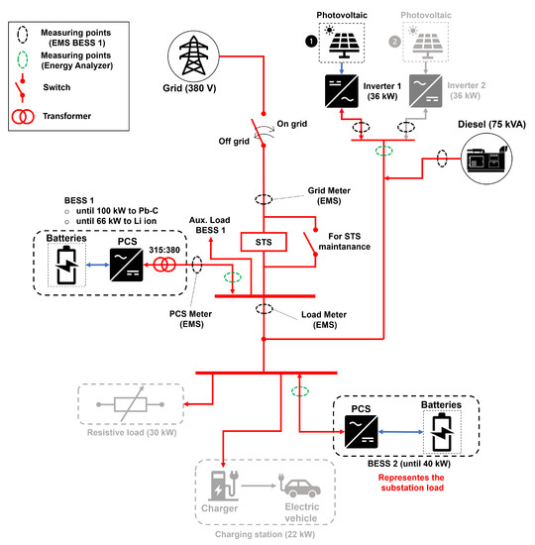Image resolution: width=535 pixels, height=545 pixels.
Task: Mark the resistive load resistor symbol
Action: pos(120,405)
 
